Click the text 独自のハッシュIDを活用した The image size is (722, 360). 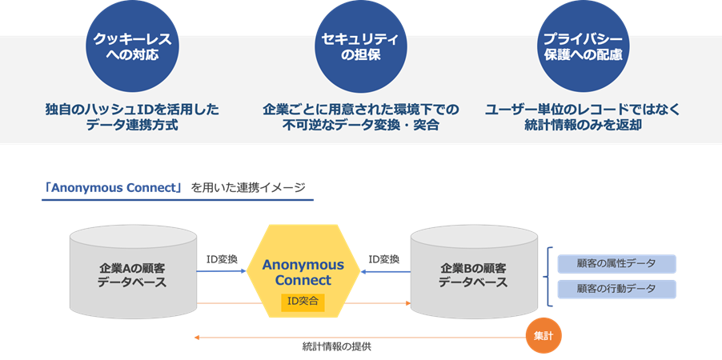(132, 109)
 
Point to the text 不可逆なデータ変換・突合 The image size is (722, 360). (361, 126)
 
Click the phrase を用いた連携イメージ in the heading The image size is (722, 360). (248, 188)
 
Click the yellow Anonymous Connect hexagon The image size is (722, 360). (303, 272)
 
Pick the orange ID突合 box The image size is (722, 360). (303, 301)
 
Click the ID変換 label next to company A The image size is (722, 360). (222, 259)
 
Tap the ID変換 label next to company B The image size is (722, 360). (383, 259)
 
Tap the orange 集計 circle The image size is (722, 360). (543, 336)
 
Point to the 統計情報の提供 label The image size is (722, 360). (336, 347)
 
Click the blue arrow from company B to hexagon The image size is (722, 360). (384, 273)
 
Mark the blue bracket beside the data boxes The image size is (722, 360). (549, 276)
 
